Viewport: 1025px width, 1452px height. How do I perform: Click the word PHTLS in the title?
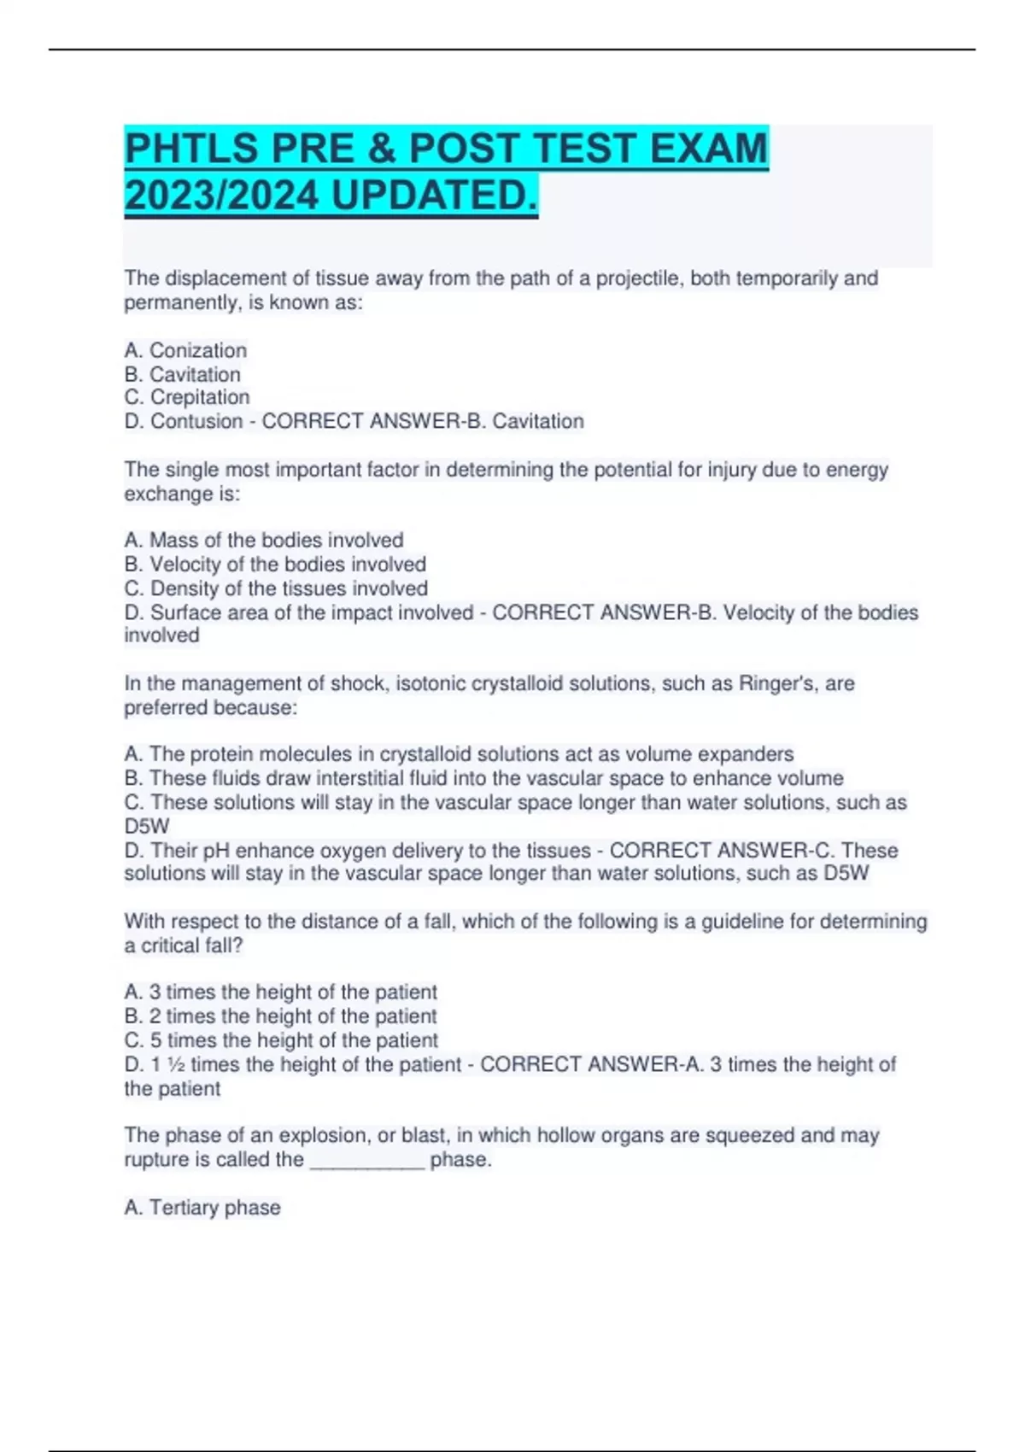click(191, 149)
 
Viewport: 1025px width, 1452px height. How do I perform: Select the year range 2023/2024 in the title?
click(222, 196)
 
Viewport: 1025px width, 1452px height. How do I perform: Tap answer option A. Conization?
click(185, 350)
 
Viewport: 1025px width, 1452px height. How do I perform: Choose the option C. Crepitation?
click(187, 397)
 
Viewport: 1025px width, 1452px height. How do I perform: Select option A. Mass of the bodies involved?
click(264, 540)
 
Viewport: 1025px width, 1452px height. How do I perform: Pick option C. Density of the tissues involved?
click(276, 588)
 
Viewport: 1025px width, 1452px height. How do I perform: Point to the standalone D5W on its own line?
click(147, 826)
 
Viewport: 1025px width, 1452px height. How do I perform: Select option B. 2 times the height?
click(280, 1016)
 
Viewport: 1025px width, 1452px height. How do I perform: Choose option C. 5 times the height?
click(281, 1040)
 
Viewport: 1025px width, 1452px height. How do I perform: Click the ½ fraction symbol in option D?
click(176, 1064)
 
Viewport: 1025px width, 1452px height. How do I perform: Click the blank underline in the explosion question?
click(367, 1161)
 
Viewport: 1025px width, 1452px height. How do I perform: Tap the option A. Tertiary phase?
click(202, 1207)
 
